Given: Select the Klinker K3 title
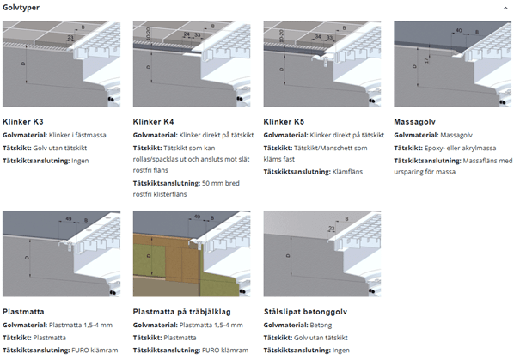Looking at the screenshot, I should click(23, 121).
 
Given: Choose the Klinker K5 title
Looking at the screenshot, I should click(284, 121).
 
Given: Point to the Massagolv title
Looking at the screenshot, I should click(413, 121).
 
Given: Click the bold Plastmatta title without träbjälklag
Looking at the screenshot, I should click(23, 313).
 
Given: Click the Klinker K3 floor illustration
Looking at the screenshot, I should click(64, 64).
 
